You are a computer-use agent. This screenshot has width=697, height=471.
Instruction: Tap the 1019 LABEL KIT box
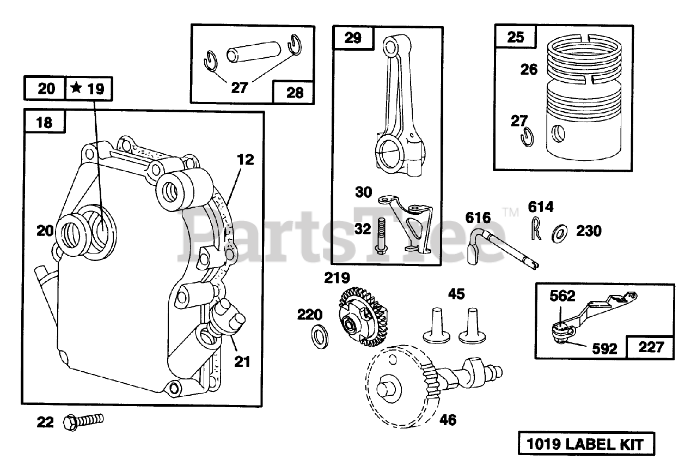[x=585, y=444]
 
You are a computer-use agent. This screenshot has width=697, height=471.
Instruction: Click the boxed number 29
[x=353, y=38]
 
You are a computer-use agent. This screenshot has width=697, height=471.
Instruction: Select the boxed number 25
[x=515, y=37]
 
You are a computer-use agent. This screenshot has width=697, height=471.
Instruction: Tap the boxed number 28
[x=295, y=92]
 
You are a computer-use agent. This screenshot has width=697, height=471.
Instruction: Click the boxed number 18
[x=45, y=122]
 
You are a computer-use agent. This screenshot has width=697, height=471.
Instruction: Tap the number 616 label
[x=478, y=218]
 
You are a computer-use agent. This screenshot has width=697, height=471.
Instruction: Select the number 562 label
[x=562, y=296]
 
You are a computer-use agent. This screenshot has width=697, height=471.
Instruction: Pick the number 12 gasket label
[x=245, y=160]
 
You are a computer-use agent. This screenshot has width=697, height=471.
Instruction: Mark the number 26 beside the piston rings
[x=528, y=70]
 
